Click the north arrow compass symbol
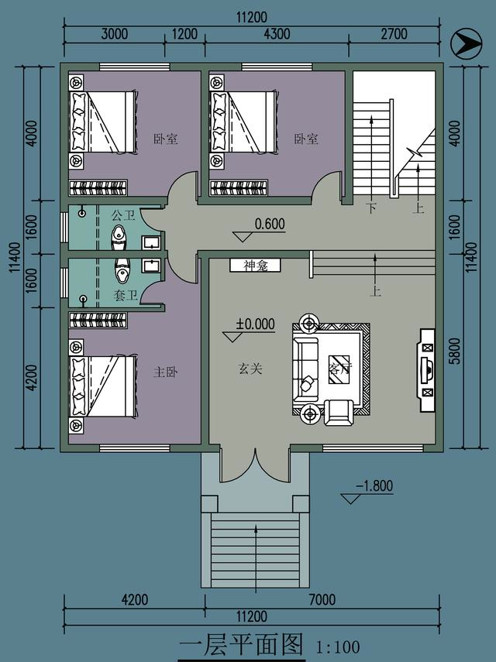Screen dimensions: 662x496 pyautogui.click(x=465, y=43)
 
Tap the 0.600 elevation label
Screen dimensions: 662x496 pyautogui.click(x=270, y=225)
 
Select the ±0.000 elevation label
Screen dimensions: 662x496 pyautogui.click(x=256, y=324)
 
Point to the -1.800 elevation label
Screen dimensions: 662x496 pyautogui.click(x=374, y=486)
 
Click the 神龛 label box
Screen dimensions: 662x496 pyautogui.click(x=255, y=265)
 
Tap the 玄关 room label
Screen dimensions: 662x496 pyautogui.click(x=250, y=369)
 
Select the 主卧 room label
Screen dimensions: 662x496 pyautogui.click(x=166, y=372)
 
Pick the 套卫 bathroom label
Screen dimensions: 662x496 pyautogui.click(x=126, y=295)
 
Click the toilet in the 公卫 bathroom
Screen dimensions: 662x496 pyautogui.click(x=119, y=237)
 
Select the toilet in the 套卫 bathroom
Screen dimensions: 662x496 pyautogui.click(x=122, y=271)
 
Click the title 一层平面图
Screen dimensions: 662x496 pyautogui.click(x=240, y=644)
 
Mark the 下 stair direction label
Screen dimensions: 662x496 pyautogui.click(x=372, y=208)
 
